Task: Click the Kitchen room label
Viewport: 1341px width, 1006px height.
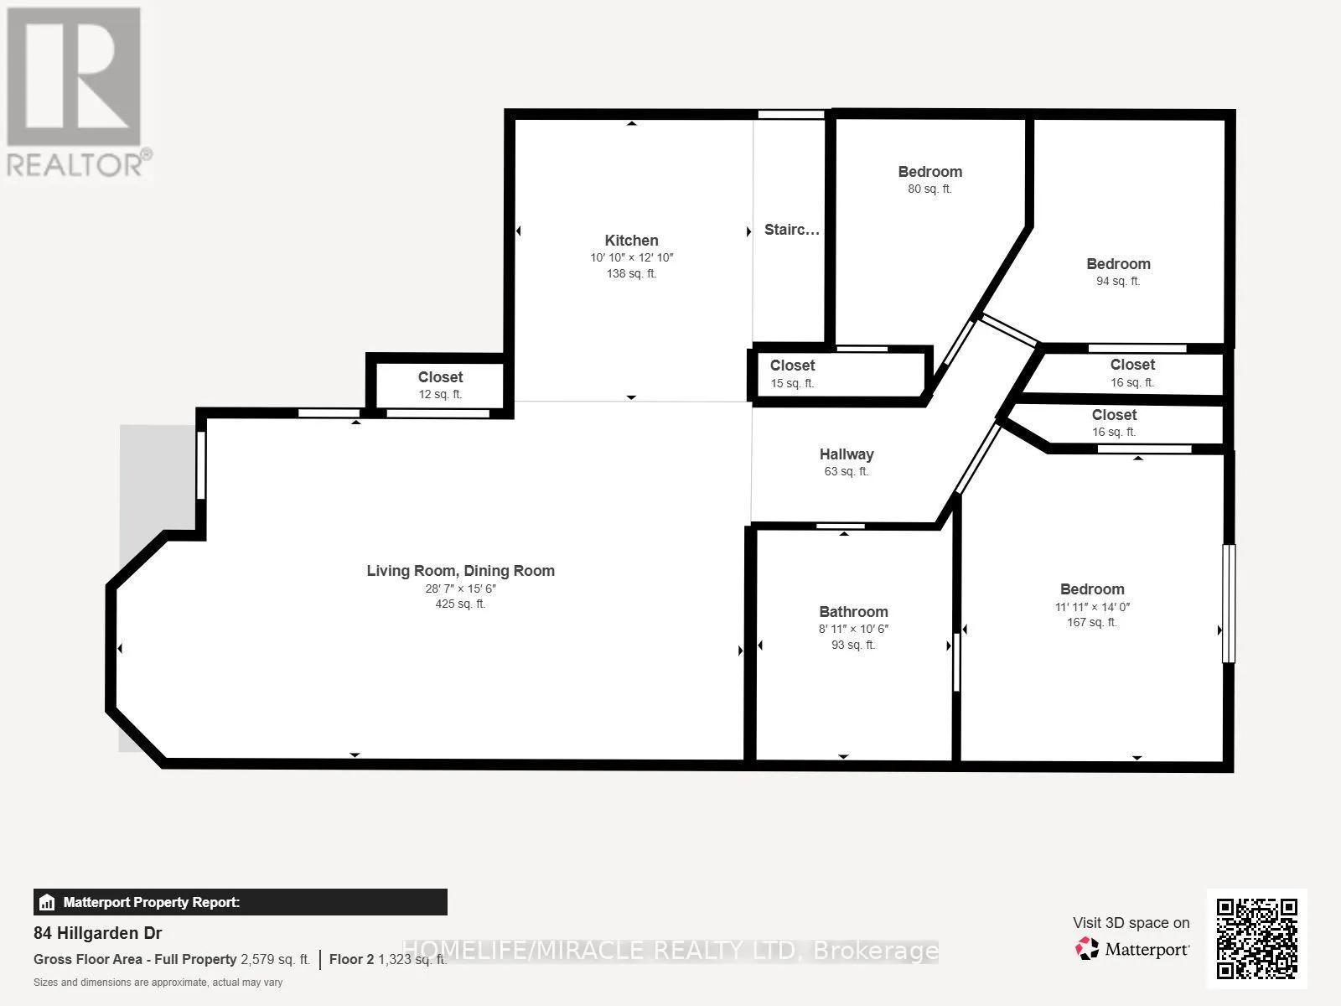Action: click(631, 240)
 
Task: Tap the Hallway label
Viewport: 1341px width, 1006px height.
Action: click(847, 454)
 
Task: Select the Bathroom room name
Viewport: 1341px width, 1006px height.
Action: click(853, 611)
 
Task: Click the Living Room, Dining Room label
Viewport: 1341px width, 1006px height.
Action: click(461, 571)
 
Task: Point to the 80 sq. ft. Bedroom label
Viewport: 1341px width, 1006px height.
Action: click(929, 172)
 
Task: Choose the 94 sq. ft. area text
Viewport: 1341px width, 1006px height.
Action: click(1118, 281)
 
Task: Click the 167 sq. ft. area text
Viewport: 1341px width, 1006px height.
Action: click(1092, 622)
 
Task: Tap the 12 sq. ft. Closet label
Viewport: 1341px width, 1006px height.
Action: click(441, 377)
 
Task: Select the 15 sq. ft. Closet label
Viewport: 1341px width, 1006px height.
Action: click(792, 366)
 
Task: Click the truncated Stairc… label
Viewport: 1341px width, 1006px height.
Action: click(792, 230)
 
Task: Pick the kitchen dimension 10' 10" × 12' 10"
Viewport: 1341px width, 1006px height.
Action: click(631, 257)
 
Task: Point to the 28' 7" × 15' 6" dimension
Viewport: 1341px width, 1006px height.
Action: click(461, 589)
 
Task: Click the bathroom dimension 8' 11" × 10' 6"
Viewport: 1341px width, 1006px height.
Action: click(853, 629)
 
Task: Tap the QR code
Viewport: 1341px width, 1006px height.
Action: click(1256, 938)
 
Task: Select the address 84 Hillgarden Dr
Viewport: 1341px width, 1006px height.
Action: click(98, 933)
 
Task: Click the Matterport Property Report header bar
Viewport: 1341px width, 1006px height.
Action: click(240, 901)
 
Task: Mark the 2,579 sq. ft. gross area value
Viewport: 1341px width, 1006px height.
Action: click(276, 959)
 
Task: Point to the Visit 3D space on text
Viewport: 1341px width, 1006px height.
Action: click(1131, 922)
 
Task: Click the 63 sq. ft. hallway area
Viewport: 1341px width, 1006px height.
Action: click(847, 471)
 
